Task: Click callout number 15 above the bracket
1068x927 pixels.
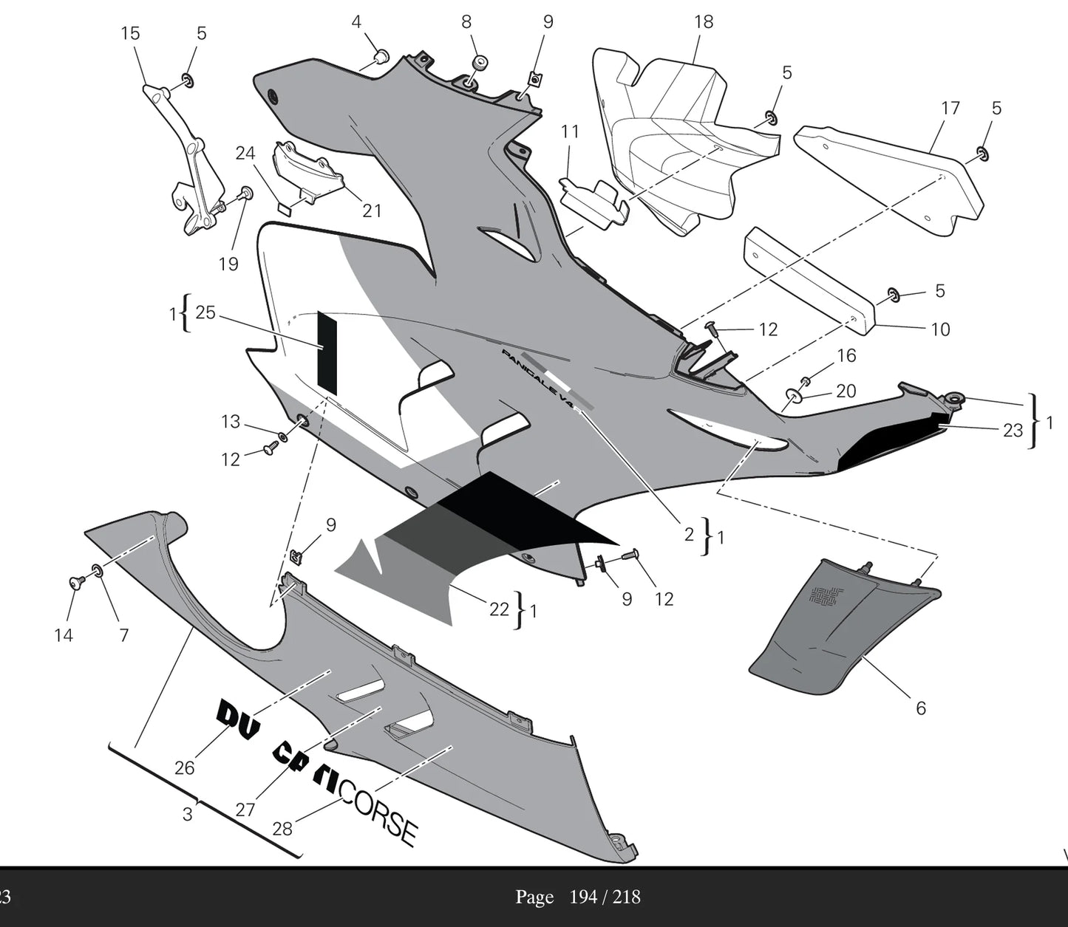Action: point(131,33)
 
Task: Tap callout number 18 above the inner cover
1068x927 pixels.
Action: point(704,22)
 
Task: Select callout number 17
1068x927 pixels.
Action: point(950,108)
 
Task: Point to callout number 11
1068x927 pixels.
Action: point(570,132)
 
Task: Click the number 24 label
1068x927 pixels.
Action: point(245,153)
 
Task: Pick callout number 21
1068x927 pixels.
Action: point(372,211)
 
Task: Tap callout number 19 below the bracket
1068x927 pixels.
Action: point(228,263)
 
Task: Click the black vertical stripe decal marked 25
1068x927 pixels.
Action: point(327,352)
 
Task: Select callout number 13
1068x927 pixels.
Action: point(231,422)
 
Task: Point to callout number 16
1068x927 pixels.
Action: point(846,356)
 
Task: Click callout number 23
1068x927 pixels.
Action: point(1013,431)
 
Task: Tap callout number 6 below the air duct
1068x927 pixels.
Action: point(921,708)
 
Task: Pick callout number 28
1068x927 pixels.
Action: point(282,829)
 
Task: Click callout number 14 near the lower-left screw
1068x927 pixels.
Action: point(64,634)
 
